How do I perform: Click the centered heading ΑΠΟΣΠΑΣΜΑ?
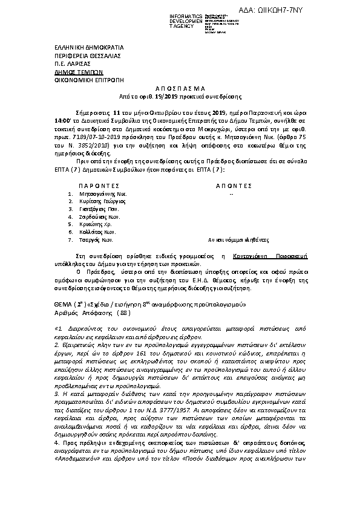point(179,88)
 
